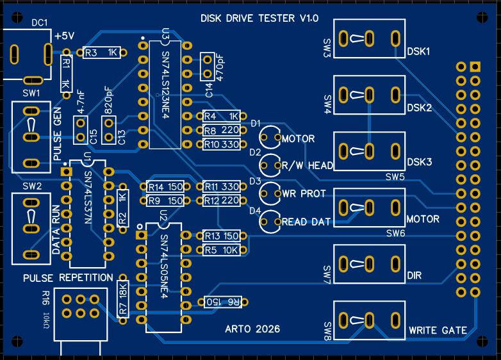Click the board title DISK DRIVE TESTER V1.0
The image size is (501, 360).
point(259,19)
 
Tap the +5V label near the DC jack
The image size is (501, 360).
point(65,37)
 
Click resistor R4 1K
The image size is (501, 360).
point(220,117)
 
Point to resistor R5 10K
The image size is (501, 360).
point(220,250)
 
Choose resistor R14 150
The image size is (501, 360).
point(165,187)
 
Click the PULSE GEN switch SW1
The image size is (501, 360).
point(31,136)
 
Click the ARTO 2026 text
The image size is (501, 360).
point(252,329)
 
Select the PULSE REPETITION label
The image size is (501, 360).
point(68,278)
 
